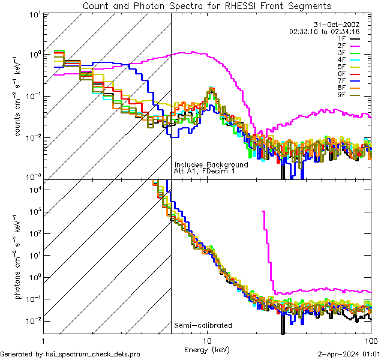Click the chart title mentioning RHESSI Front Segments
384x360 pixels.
(x=207, y=6)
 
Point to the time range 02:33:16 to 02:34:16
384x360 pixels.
(x=324, y=31)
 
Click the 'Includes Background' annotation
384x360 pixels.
(x=211, y=164)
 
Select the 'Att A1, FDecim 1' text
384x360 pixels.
(x=204, y=171)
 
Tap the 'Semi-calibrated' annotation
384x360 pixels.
(x=203, y=326)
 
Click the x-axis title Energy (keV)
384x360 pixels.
(x=207, y=350)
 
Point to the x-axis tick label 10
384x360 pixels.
(x=207, y=341)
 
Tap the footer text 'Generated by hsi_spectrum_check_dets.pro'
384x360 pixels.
(x=70, y=354)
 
